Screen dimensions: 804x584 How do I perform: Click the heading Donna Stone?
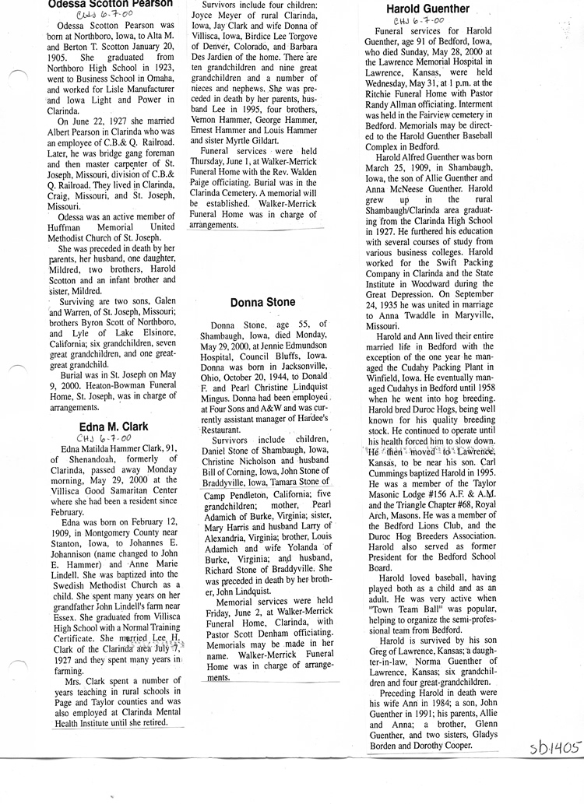263,302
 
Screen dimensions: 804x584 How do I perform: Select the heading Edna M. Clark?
114,427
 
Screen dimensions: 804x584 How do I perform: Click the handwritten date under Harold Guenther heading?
418,22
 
